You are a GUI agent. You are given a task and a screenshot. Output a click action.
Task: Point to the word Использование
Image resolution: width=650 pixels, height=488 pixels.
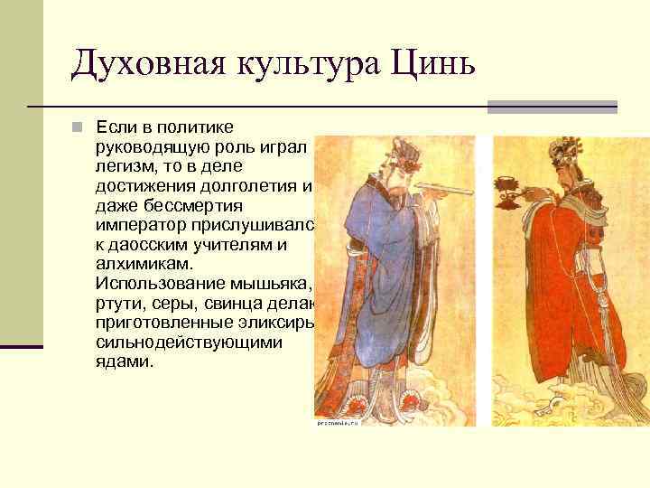[158, 284]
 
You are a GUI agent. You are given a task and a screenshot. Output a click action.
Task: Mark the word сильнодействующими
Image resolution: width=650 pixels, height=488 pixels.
[188, 343]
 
